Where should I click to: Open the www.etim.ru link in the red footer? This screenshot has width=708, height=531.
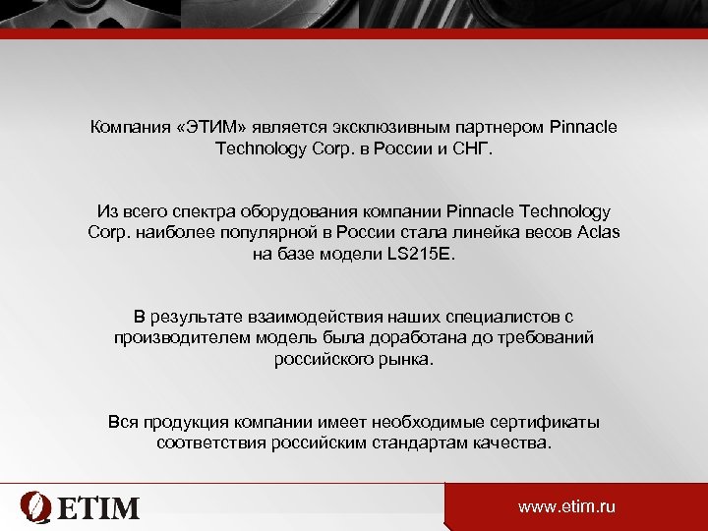point(566,507)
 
